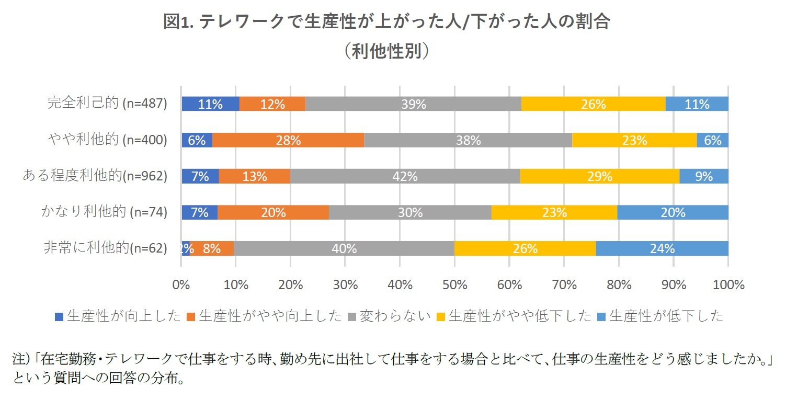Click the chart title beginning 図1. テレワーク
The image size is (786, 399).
tap(386, 22)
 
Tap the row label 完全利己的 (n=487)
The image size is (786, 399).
tap(107, 104)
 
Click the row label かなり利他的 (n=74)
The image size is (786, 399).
tap(104, 212)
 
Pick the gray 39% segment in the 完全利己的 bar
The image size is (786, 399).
tap(413, 104)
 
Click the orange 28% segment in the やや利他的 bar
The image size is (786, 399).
tap(288, 140)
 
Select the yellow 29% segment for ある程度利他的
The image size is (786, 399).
tap(599, 176)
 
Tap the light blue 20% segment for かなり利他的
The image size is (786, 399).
tap(673, 212)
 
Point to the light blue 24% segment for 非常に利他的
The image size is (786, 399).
tap(662, 248)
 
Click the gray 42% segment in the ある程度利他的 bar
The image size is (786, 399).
tap(405, 176)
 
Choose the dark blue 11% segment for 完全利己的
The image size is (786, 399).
tap(210, 104)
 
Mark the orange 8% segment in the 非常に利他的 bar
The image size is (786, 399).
tap(211, 248)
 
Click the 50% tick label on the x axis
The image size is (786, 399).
tap(454, 285)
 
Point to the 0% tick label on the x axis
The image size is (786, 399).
tap(181, 285)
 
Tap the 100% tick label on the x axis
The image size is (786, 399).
tap(728, 285)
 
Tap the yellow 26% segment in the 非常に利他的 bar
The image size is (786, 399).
tap(525, 248)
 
